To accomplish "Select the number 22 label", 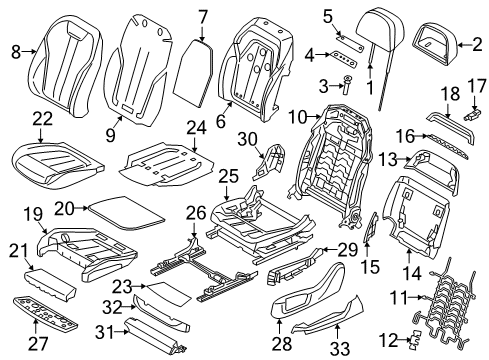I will pos(43,120).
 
